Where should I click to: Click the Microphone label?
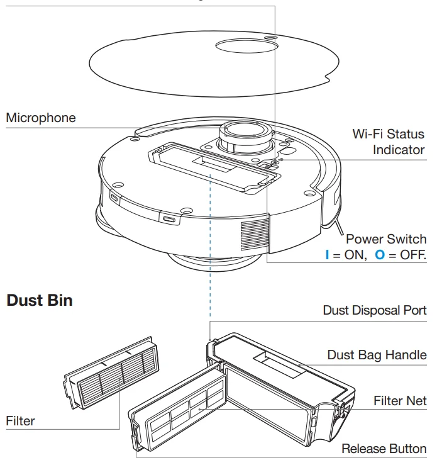41,118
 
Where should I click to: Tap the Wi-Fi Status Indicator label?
388,142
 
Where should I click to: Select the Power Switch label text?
386,239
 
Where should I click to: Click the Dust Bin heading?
40,300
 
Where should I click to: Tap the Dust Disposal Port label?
375,310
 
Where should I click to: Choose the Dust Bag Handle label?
377,355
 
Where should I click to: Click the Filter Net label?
400,401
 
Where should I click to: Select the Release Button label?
384,449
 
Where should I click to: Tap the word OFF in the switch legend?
412,255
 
